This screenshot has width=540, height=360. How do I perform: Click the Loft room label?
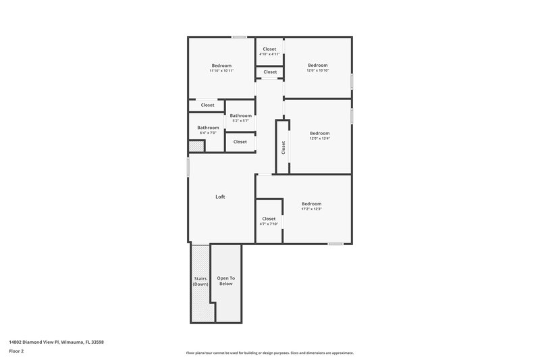point(220,197)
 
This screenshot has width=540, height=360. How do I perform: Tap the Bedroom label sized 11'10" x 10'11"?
point(221,65)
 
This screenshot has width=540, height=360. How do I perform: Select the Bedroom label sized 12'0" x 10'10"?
point(318,65)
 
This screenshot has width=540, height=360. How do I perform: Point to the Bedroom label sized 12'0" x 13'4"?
point(319,133)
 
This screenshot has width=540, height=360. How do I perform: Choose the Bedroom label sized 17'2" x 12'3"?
point(311,204)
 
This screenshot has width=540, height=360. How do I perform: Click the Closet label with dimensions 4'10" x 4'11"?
point(269,49)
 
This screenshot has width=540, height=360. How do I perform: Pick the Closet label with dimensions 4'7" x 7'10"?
point(269,219)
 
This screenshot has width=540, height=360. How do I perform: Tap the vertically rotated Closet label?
point(283,147)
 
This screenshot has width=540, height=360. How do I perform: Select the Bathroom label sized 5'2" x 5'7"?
point(241,115)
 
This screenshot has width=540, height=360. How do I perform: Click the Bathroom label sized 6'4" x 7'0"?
point(208,128)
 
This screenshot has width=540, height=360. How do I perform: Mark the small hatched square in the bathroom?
point(196,147)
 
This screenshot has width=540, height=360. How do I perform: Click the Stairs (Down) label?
point(200,281)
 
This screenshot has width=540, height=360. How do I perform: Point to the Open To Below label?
point(225,281)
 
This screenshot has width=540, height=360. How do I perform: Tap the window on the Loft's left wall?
point(188,166)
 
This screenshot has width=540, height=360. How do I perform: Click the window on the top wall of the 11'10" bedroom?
point(238,36)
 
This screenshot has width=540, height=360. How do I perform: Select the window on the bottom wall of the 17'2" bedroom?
point(335,243)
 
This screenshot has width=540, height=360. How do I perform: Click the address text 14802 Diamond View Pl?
point(56,342)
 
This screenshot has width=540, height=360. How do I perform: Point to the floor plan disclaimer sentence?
point(269,353)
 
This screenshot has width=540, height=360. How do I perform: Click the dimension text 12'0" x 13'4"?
point(319,138)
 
